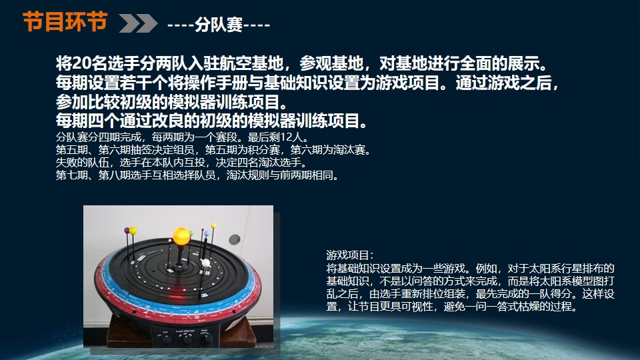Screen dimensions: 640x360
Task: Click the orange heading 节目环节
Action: (x=65, y=21)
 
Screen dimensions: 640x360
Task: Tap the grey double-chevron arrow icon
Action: (x=138, y=23)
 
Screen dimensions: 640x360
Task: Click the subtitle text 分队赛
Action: (x=219, y=25)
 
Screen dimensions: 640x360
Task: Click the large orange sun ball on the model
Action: (x=181, y=236)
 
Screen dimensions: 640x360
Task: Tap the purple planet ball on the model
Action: (x=127, y=231)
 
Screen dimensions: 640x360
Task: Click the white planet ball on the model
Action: (x=206, y=263)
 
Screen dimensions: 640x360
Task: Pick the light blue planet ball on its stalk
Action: (x=207, y=233)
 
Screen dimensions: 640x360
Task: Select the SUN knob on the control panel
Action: (x=166, y=339)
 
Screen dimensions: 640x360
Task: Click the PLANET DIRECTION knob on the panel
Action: (x=186, y=339)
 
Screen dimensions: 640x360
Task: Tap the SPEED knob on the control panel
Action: (x=205, y=337)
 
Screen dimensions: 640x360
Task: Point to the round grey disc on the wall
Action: (x=234, y=239)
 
